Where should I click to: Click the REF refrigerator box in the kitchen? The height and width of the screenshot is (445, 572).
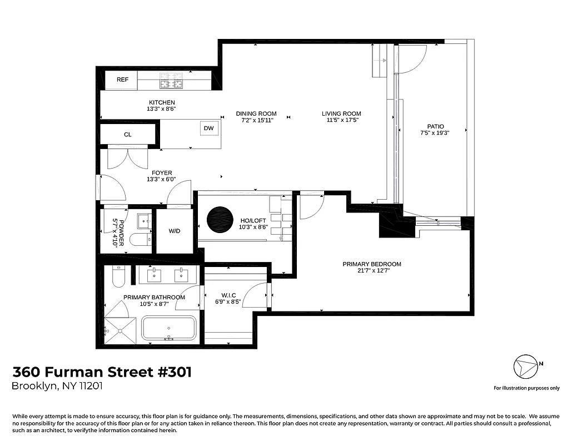point(122,80)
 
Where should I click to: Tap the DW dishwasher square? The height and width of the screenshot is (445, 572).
point(209,128)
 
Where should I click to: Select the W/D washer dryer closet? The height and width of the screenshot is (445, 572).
point(175,230)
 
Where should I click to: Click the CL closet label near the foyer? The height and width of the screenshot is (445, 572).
point(127,135)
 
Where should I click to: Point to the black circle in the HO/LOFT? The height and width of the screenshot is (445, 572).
point(221,220)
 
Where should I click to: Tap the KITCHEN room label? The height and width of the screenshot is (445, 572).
point(162,102)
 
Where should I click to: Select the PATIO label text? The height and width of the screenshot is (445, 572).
point(435,126)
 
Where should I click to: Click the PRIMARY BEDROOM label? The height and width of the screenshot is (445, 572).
point(371,264)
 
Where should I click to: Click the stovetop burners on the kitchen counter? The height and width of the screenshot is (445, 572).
point(172,84)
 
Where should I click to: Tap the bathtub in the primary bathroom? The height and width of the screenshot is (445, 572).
point(168,329)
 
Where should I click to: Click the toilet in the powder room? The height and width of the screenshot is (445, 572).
point(139,240)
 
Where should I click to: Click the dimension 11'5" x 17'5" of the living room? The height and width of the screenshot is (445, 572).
point(341,120)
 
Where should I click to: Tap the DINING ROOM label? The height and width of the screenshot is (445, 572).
point(256,113)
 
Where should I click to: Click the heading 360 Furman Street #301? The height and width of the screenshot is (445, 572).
point(102,372)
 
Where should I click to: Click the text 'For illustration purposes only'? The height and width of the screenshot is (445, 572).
point(526,388)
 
